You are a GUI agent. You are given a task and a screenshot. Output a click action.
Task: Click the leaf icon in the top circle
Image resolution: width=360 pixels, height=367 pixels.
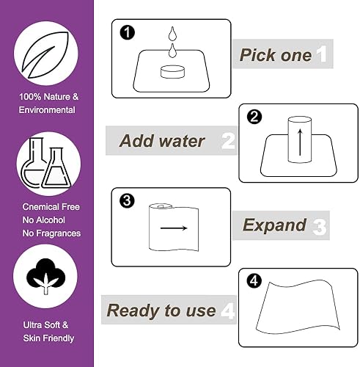47,51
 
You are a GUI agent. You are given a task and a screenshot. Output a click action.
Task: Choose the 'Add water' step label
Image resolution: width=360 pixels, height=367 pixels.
163,140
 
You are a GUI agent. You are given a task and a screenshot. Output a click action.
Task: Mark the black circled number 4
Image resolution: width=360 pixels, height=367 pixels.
254,281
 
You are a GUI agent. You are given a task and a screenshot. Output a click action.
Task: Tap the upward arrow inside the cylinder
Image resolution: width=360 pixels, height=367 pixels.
299,139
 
